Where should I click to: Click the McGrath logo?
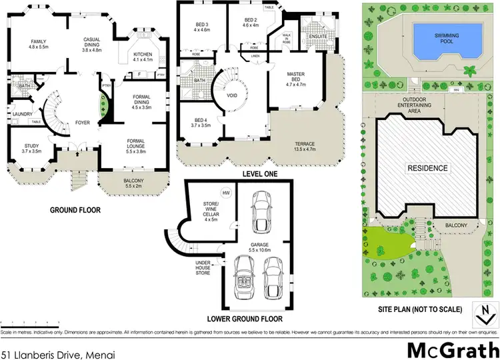click(x=452, y=347)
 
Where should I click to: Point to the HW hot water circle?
click(x=226, y=193)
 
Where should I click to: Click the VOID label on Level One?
click(x=233, y=95)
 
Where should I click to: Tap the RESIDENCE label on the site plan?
click(x=427, y=168)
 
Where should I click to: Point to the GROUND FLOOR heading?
click(x=75, y=209)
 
